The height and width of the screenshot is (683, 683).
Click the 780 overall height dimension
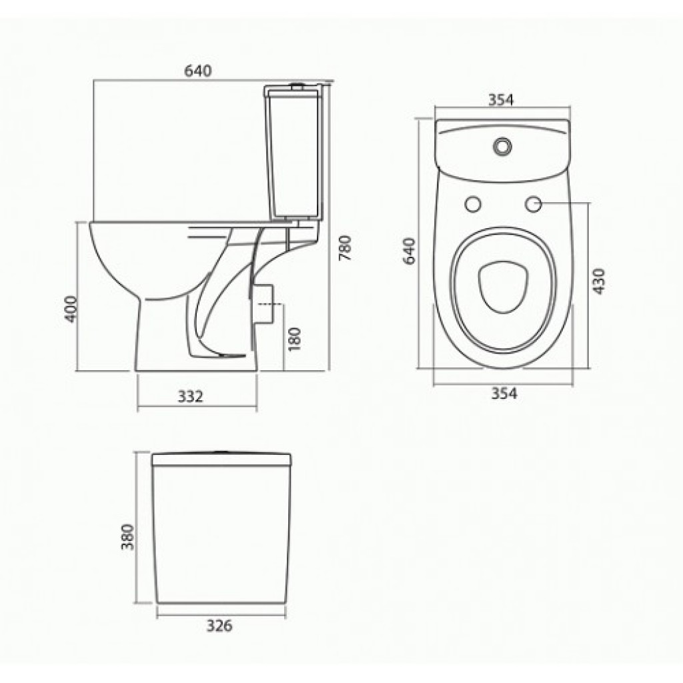pyautogui.click(x=345, y=248)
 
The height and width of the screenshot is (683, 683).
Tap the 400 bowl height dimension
pyautogui.click(x=71, y=309)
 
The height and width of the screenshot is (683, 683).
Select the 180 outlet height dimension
pyautogui.click(x=295, y=339)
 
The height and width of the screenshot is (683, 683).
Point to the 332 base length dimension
pyautogui.click(x=191, y=396)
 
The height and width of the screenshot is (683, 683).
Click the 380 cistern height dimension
pyautogui.click(x=127, y=537)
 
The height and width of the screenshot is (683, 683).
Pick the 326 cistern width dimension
pyautogui.click(x=219, y=626)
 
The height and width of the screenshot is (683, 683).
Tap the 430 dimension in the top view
pyautogui.click(x=599, y=281)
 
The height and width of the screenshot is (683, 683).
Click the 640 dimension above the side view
pyautogui.click(x=197, y=70)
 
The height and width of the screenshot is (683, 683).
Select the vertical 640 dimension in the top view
pyautogui.click(x=410, y=251)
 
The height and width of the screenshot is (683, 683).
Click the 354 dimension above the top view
pyautogui.click(x=501, y=100)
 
